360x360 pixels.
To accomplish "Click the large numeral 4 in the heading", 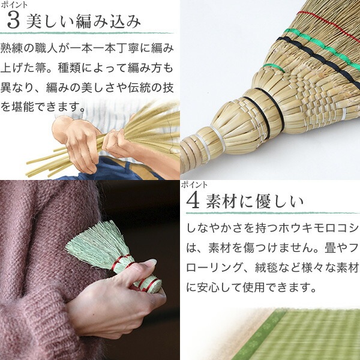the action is coord(193,202).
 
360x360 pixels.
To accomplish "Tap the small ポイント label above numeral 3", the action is coord(14,5).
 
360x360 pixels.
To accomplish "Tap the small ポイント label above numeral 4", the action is coord(194,185).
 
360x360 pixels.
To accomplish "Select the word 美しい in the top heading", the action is coord(49,22).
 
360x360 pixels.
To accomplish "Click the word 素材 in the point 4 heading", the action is coord(221,202).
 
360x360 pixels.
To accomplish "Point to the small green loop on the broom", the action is coord(274,67).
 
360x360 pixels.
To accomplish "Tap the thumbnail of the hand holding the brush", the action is coord(90,270).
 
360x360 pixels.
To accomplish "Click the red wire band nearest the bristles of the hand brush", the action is coord(119,262).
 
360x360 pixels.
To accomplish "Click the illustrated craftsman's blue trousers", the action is coord(110,170).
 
